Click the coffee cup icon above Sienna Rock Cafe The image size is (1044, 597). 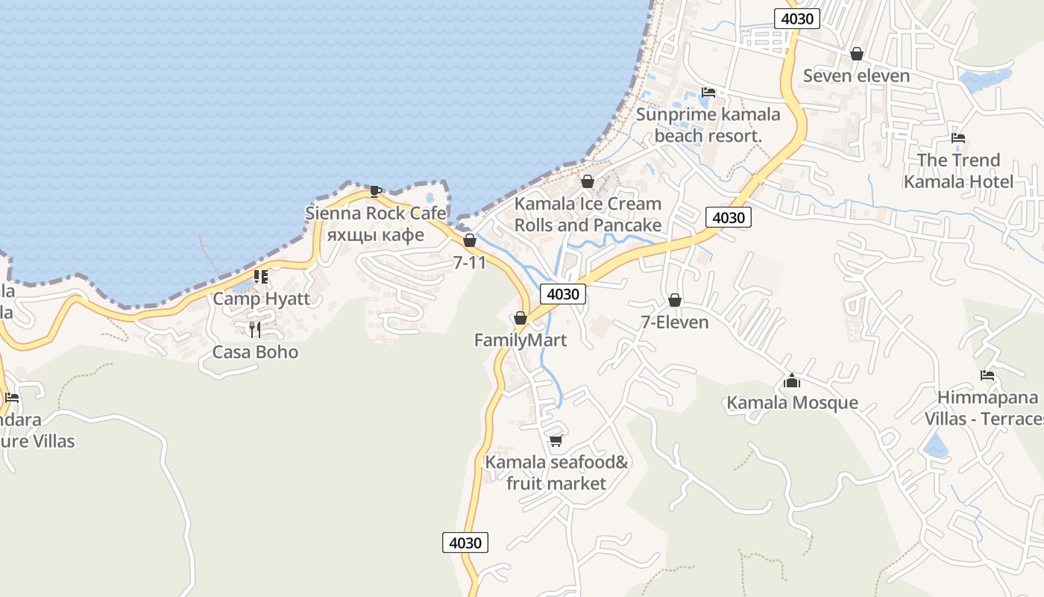pyautogui.click(x=376, y=191)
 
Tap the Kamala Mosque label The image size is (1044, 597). pyautogui.click(x=792, y=403)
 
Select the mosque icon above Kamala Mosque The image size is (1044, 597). pyautogui.click(x=792, y=381)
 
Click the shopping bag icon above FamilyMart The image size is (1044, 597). pyautogui.click(x=521, y=319)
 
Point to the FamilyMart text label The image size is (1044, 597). pyautogui.click(x=521, y=340)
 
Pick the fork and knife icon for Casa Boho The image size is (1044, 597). pyautogui.click(x=255, y=329)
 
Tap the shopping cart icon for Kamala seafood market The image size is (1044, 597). pyautogui.click(x=556, y=441)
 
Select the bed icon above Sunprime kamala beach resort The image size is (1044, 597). pyautogui.click(x=708, y=93)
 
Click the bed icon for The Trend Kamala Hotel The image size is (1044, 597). pyautogui.click(x=958, y=138)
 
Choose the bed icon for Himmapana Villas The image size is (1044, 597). pyautogui.click(x=987, y=375)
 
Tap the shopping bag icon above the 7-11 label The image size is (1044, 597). pyautogui.click(x=470, y=240)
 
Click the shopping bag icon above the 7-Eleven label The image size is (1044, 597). pyautogui.click(x=675, y=300)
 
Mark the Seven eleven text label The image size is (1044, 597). pyautogui.click(x=856, y=76)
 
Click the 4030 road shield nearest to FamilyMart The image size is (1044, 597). pyautogui.click(x=562, y=294)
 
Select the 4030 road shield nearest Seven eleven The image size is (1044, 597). pyautogui.click(x=796, y=19)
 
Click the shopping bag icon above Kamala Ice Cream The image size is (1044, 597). pyautogui.click(x=588, y=181)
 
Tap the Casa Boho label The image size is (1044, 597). pyautogui.click(x=255, y=352)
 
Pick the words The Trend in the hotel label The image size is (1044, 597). pyautogui.click(x=958, y=160)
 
